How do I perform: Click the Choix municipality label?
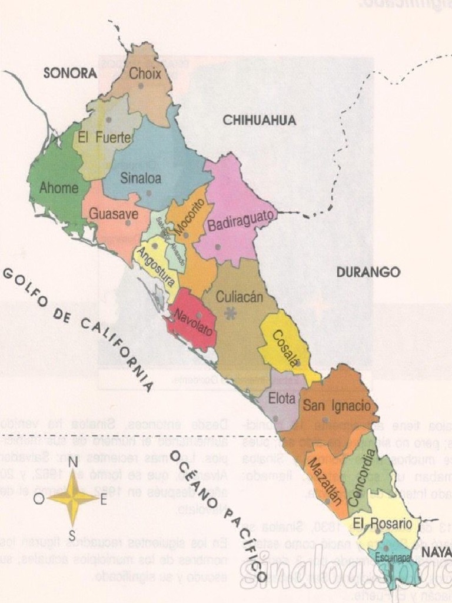[x=145, y=74]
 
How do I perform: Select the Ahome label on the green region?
[x=59, y=188]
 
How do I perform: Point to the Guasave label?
[x=114, y=214]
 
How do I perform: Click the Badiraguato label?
[x=241, y=221]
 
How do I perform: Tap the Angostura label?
[x=155, y=264]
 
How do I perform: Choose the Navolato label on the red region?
[x=194, y=320]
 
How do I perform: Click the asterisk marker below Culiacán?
[x=231, y=314]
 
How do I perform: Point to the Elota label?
[x=282, y=399]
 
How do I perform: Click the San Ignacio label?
[x=337, y=405]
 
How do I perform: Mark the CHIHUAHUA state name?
[x=259, y=121]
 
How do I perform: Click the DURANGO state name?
[x=368, y=272]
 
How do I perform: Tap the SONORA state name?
[x=70, y=74]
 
